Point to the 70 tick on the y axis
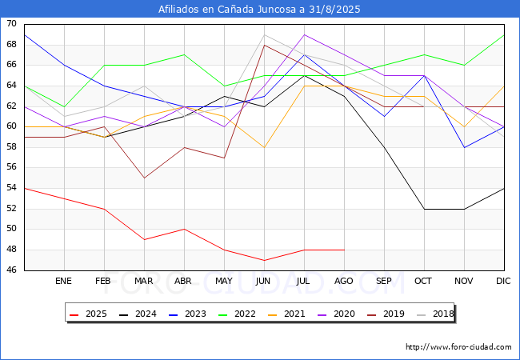pyautogui.click(x=12, y=24)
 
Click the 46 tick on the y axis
pyautogui.click(x=12, y=270)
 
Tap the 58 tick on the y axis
pyautogui.click(x=12, y=147)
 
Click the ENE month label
pyautogui.click(x=64, y=282)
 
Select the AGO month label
pyautogui.click(x=344, y=282)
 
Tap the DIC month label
pyautogui.click(x=503, y=282)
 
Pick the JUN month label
pyautogui.click(x=263, y=282)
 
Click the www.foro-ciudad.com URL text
pyautogui.click(x=458, y=347)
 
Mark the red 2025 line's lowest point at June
pyautogui.click(x=264, y=260)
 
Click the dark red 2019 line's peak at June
pyautogui.click(x=264, y=45)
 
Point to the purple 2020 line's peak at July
pyautogui.click(x=304, y=34)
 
